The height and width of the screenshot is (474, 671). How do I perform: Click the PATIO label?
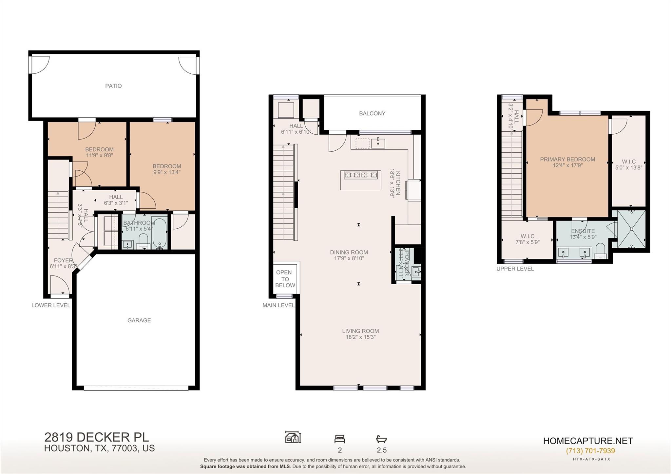tap(113, 86)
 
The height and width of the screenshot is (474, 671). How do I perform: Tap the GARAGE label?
tap(139, 320)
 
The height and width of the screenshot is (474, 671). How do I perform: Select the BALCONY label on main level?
tap(372, 113)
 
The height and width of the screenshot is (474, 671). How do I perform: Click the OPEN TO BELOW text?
tap(285, 279)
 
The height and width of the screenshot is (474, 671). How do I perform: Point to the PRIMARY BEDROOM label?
tap(567, 160)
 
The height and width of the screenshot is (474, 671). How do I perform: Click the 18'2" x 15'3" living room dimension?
tap(360, 337)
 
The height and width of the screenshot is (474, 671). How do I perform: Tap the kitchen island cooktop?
tap(360, 175)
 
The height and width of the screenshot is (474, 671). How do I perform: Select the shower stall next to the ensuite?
tap(631, 229)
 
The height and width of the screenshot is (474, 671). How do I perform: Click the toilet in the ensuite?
tap(600, 251)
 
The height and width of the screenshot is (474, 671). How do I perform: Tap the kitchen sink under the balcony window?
tap(378, 143)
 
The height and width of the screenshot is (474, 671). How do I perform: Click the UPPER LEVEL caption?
tap(515, 269)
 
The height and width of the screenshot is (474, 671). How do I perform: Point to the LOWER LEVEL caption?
tap(51, 305)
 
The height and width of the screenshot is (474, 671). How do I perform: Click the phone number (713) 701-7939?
tap(590, 451)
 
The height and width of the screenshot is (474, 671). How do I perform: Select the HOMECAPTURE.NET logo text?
tap(588, 441)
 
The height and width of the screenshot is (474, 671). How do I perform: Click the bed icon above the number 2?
tap(339, 439)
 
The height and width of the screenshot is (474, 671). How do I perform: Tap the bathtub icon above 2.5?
tap(381, 439)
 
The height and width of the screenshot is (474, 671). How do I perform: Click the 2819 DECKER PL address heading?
tap(96, 437)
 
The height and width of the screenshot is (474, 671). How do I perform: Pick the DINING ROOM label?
tap(349, 252)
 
